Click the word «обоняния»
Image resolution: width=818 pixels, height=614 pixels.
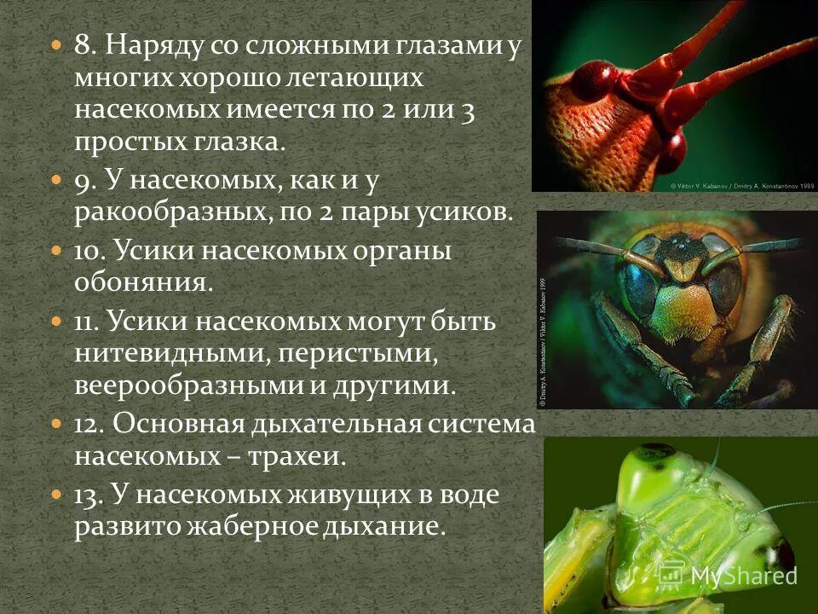tap(141, 281)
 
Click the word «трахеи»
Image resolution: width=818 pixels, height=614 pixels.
tap(297, 456)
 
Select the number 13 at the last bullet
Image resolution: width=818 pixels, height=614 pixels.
tap(85, 495)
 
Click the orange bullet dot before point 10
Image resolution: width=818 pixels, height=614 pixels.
tap(56, 252)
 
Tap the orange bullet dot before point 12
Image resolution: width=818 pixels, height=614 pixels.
tap(56, 424)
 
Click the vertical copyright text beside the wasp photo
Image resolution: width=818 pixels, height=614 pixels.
tap(542, 341)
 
